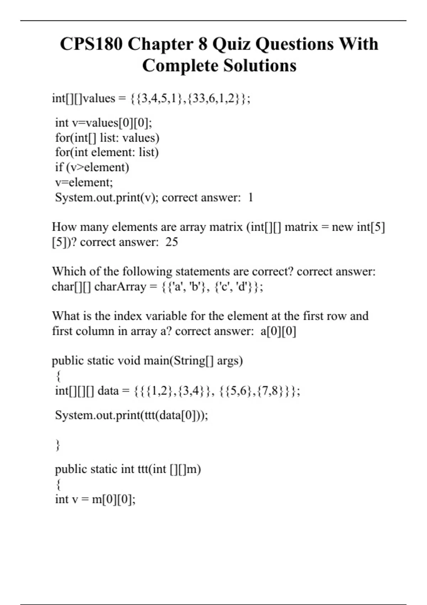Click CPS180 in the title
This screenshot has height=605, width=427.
coord(91,44)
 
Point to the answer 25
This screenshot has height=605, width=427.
coord(172,242)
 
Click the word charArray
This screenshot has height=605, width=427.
coord(120,286)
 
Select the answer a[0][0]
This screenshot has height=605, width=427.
coord(278,331)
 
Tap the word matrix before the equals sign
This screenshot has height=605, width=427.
coord(301,227)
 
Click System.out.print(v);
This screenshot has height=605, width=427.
coord(107,197)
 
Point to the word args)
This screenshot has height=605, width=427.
coord(230,361)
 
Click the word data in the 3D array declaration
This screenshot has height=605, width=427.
coord(108,391)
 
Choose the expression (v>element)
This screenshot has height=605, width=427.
coord(97,167)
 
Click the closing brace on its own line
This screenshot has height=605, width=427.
coord(58,445)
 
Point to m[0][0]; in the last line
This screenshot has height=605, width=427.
coord(114,499)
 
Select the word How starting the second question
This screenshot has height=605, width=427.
coord(64,227)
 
